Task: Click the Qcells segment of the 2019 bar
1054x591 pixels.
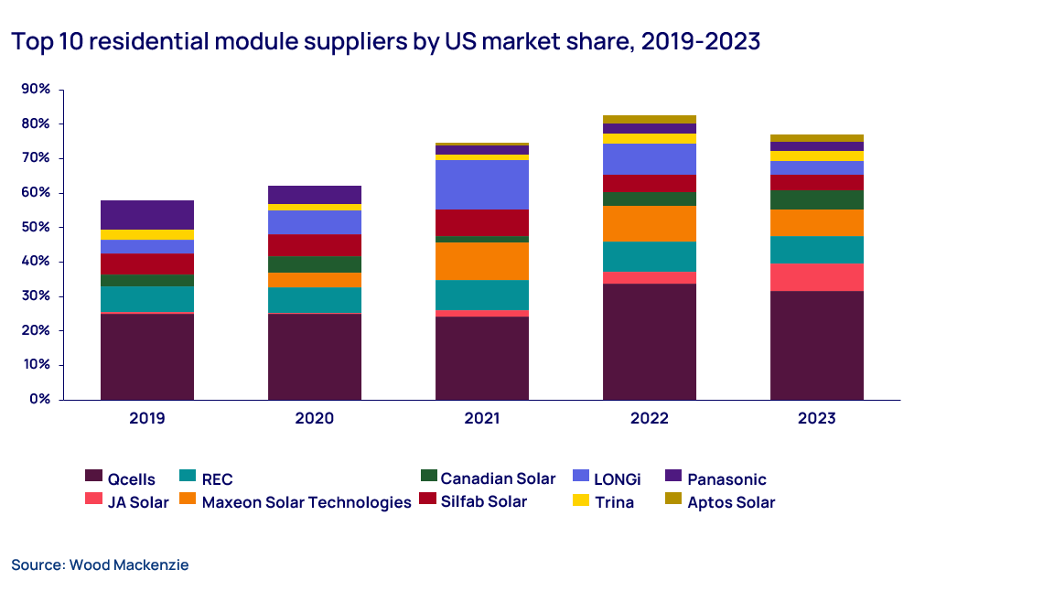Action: tap(147, 357)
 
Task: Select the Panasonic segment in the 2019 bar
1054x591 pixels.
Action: tap(147, 214)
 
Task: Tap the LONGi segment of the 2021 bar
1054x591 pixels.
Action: tap(482, 185)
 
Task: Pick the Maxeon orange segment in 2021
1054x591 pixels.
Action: tap(482, 261)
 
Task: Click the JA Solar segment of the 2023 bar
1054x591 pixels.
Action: tap(817, 277)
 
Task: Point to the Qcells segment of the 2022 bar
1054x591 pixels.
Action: tap(650, 341)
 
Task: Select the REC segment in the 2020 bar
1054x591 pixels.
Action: tap(315, 300)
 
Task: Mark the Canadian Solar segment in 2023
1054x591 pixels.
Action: tap(817, 199)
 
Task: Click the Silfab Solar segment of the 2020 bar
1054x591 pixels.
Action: tap(315, 245)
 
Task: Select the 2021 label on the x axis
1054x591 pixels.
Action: tap(482, 418)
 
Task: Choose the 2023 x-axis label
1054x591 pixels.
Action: tap(817, 418)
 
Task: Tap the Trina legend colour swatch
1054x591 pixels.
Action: tap(580, 500)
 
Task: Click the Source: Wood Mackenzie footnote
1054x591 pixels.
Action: tap(100, 565)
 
